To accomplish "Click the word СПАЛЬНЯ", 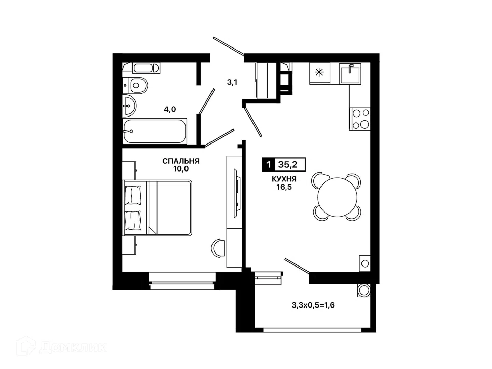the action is [x=181, y=161].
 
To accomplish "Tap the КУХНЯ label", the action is [x=284, y=179].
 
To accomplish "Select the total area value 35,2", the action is [x=288, y=165].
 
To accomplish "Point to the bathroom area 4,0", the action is [x=170, y=109].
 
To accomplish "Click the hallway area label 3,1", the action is [x=232, y=82].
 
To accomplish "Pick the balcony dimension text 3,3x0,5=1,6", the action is [x=313, y=305].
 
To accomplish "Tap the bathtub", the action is [x=155, y=131].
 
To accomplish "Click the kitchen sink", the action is [x=350, y=74].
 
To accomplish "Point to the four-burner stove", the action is [x=359, y=119].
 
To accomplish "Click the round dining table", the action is [x=337, y=197].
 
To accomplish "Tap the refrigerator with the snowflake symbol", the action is [x=320, y=73].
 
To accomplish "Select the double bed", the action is [x=158, y=208].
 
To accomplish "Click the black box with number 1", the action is [x=268, y=165].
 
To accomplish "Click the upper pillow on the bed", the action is [x=133, y=195].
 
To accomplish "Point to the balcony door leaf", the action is [x=297, y=266].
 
